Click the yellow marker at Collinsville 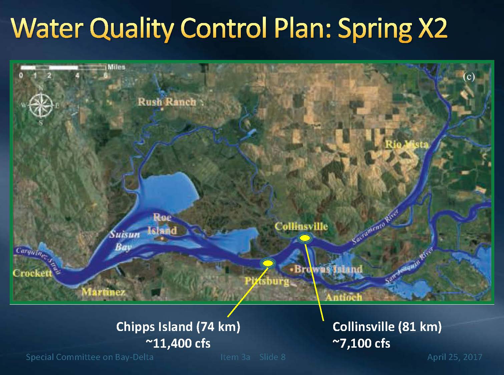coord(304,238)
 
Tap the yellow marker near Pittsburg coord(268,263)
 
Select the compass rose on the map coord(40,105)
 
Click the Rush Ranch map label coord(166,102)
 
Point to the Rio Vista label coord(407,144)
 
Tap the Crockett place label coord(32,273)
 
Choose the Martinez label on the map coord(103,292)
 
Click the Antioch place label coord(344,297)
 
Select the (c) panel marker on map coord(469,77)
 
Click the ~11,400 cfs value coord(178,343)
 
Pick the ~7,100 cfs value coord(361,343)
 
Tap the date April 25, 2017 coord(455,357)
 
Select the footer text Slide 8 coord(272,357)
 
